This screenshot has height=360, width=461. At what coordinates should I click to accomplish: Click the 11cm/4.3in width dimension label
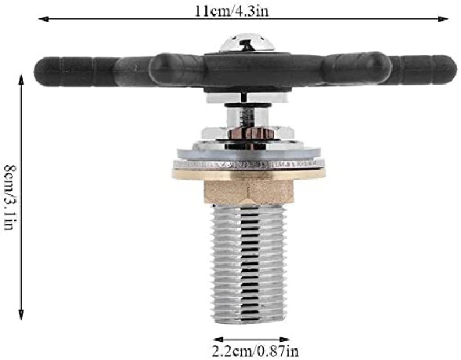[x=232, y=11]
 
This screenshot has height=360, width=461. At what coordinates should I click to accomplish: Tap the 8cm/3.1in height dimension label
[x=10, y=197]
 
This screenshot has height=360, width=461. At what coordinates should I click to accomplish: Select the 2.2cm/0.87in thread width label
[x=255, y=351]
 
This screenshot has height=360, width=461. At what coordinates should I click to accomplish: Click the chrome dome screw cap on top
[x=247, y=43]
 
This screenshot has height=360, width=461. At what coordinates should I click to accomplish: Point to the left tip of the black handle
[x=35, y=72]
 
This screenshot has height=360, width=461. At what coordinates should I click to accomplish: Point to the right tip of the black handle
[x=456, y=70]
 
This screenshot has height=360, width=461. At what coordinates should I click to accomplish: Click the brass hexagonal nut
[x=249, y=192]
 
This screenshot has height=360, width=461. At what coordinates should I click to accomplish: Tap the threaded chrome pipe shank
[x=249, y=264]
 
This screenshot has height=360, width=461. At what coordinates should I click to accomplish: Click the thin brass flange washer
[x=249, y=174]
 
